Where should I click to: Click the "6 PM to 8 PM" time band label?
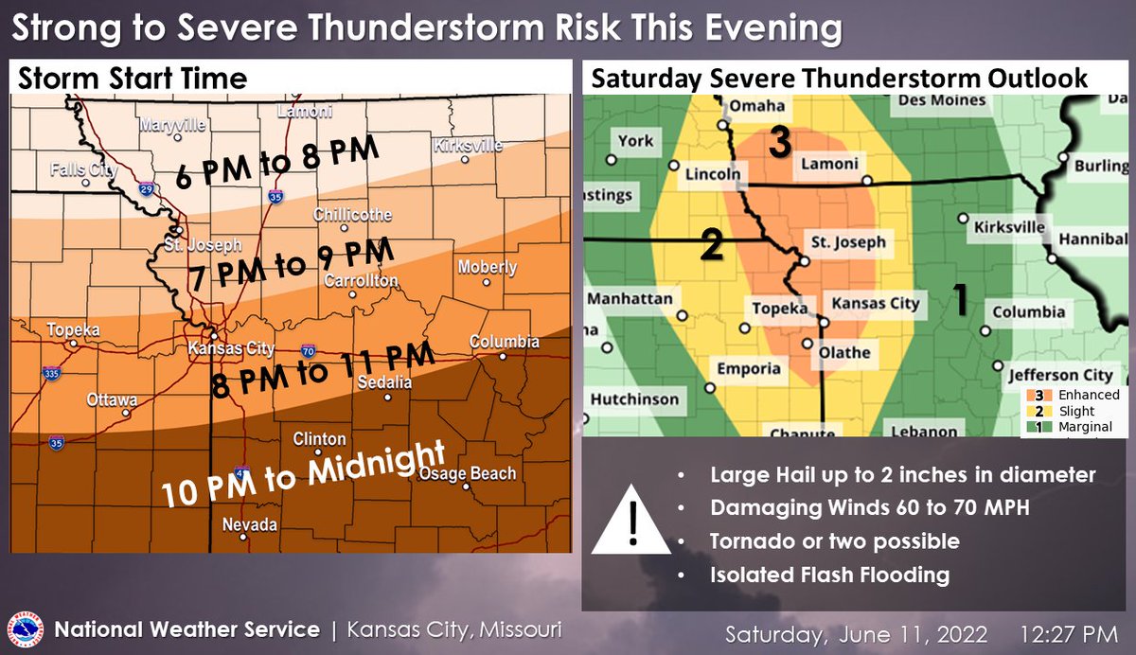pos(278,162)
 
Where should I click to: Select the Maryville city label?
pos(173,125)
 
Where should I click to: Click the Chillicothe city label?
pos(352,216)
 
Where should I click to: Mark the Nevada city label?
pos(250,523)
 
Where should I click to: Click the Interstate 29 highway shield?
pos(147,189)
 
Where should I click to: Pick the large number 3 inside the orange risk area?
pos(778,142)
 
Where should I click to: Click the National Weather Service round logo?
pos(26,629)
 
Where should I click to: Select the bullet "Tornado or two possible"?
pos(834,541)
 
